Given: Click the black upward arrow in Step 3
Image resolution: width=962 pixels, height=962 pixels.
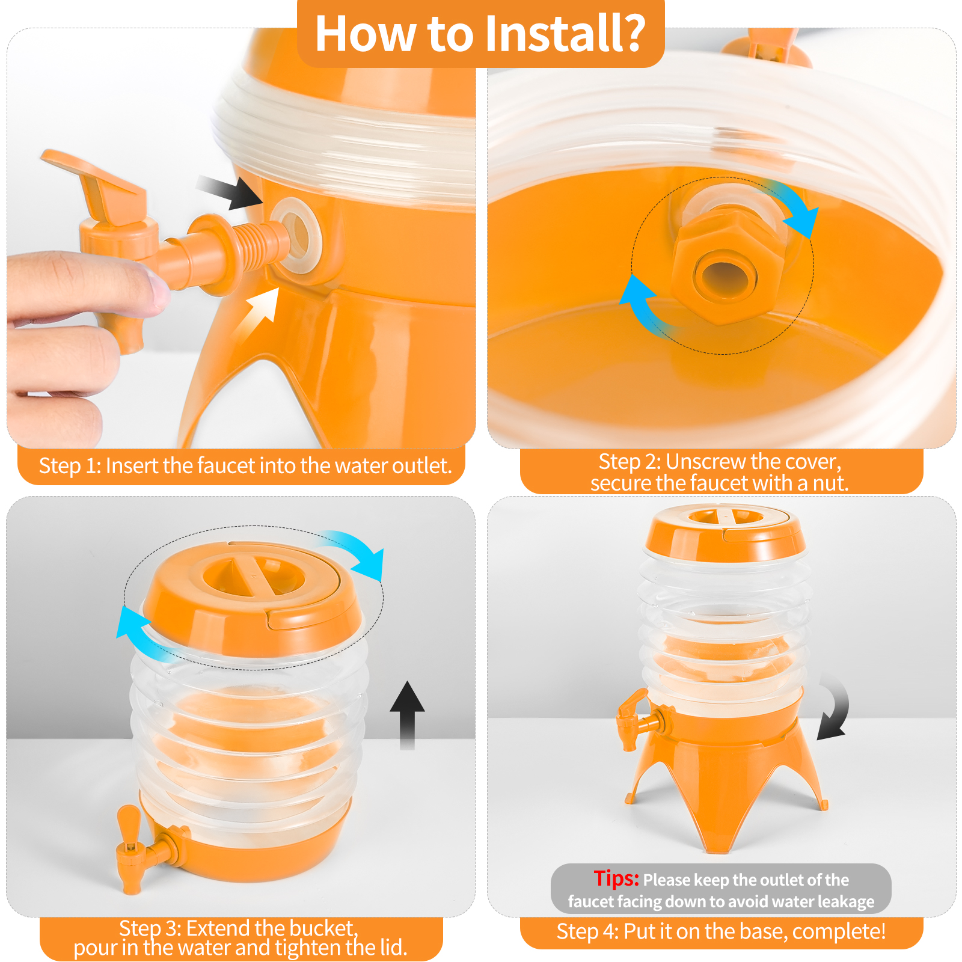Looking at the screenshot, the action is click(408, 715).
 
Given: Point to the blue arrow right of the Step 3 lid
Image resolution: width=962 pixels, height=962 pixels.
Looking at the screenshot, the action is click(358, 553).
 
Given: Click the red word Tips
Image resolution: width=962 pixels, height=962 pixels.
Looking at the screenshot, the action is click(616, 878).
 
